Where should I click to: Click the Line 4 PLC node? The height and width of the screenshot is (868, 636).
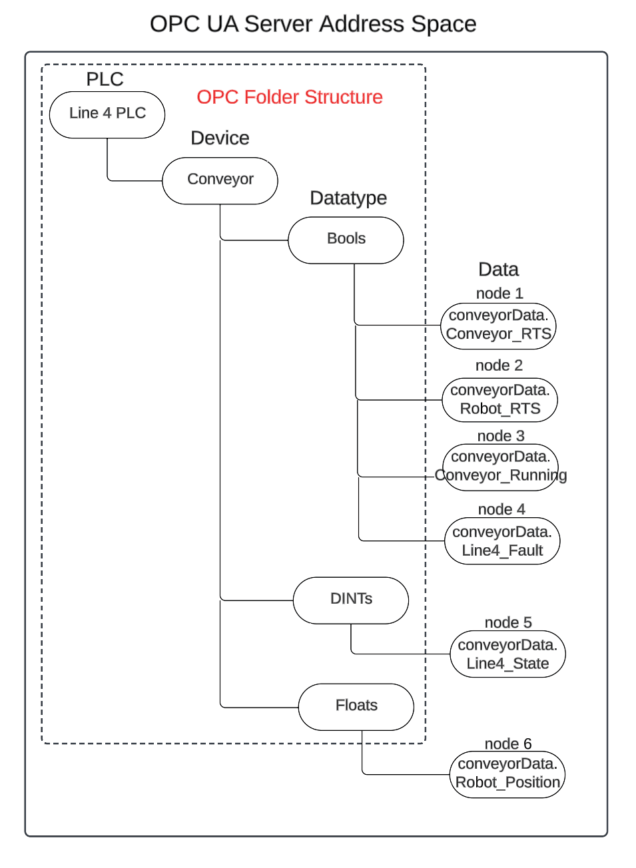(107, 114)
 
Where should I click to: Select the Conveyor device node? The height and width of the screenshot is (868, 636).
(220, 180)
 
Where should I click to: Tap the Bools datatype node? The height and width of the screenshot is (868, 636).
(346, 240)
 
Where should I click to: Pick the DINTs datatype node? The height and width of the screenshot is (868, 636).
(351, 600)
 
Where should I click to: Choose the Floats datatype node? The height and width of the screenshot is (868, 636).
(356, 706)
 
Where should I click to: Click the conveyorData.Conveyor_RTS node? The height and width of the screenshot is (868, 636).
(498, 325)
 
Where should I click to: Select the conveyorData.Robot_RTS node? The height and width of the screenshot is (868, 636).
(499, 400)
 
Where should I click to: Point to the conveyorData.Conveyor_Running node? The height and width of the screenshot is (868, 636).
(501, 467)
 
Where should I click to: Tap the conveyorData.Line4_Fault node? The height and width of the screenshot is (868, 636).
(502, 541)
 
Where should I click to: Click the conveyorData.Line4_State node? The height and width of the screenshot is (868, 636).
(507, 654)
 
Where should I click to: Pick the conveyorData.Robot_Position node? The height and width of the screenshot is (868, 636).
(507, 774)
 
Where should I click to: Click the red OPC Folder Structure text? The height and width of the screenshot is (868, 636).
(290, 97)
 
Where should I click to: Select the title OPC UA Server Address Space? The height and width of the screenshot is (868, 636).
(313, 24)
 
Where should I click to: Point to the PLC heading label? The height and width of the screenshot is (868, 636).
(105, 79)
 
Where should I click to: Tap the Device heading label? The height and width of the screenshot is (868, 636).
(220, 138)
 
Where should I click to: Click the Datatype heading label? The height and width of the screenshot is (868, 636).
(348, 198)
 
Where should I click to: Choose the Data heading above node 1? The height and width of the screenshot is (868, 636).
(498, 270)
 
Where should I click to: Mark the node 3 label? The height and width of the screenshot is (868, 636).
(501, 436)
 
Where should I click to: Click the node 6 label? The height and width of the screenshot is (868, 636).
(507, 744)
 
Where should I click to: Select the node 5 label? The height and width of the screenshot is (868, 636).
(507, 622)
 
